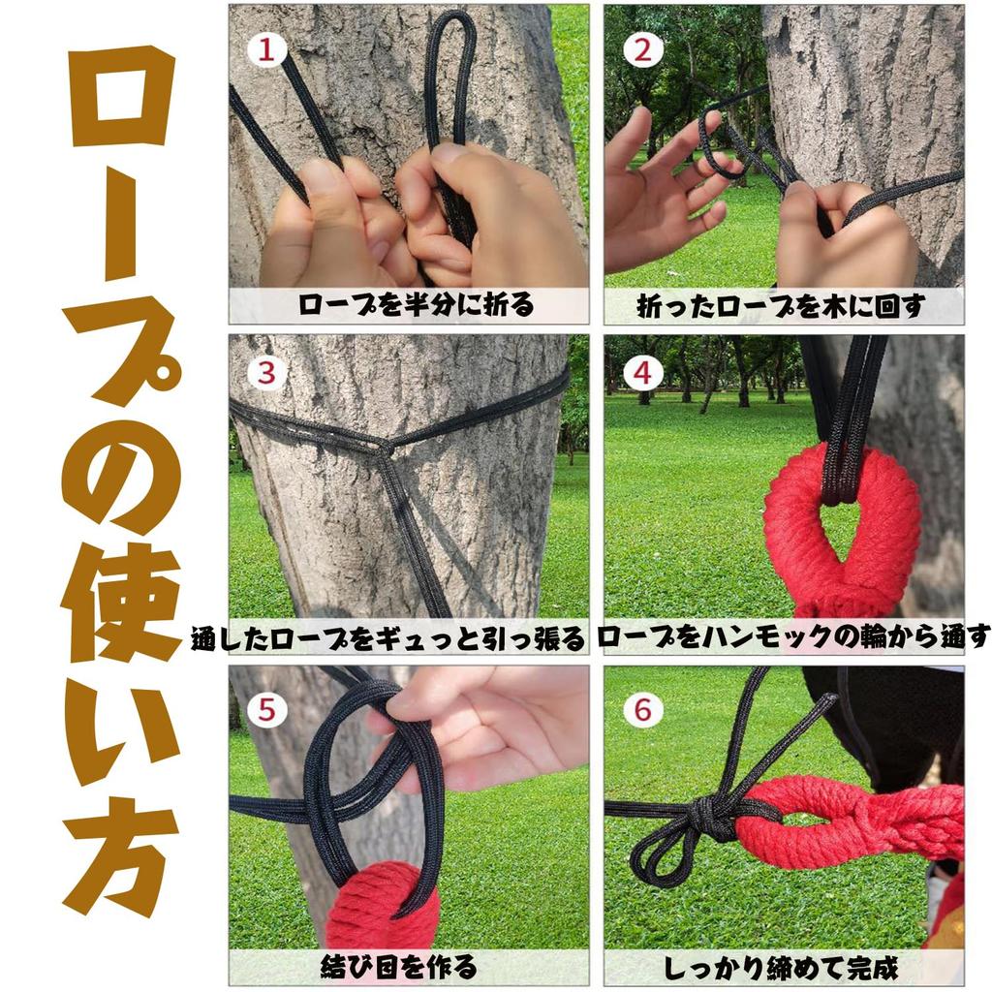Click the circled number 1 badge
pyautogui.click(x=266, y=48)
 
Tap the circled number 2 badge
pyautogui.click(x=642, y=48)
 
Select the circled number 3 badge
pyautogui.click(x=266, y=373)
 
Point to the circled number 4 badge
pyautogui.click(x=642, y=373)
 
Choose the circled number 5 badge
pyautogui.click(x=266, y=710)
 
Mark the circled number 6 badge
pyautogui.click(x=642, y=710)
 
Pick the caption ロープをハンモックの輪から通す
pyautogui.click(x=793, y=636)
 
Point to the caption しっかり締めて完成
pyautogui.click(x=781, y=968)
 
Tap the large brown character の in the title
pyautogui.click(x=121, y=473)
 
